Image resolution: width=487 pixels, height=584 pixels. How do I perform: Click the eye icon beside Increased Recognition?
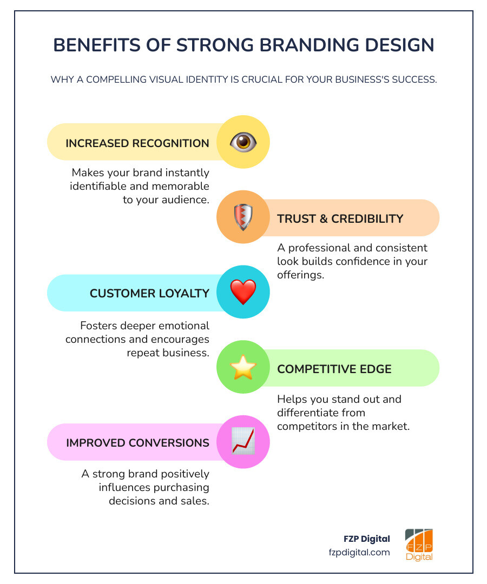[x=243, y=142]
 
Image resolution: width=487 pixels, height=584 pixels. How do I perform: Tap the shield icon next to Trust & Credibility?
[x=243, y=217]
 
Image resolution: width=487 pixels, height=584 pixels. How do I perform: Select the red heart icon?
[x=243, y=292]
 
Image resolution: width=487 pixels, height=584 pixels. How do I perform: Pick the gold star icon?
[x=243, y=368]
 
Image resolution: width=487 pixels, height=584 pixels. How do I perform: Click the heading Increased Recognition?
[x=137, y=143]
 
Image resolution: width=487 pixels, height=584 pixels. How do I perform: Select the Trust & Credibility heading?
[x=340, y=219]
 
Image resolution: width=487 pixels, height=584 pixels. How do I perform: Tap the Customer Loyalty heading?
[x=149, y=294]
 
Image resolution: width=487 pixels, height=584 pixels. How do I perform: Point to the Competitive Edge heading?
[x=334, y=369]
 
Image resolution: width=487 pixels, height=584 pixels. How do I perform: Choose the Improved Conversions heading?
[x=137, y=443]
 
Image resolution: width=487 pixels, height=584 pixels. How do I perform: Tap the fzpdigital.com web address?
[x=359, y=553]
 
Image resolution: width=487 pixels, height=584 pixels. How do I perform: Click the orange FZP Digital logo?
[x=419, y=545]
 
